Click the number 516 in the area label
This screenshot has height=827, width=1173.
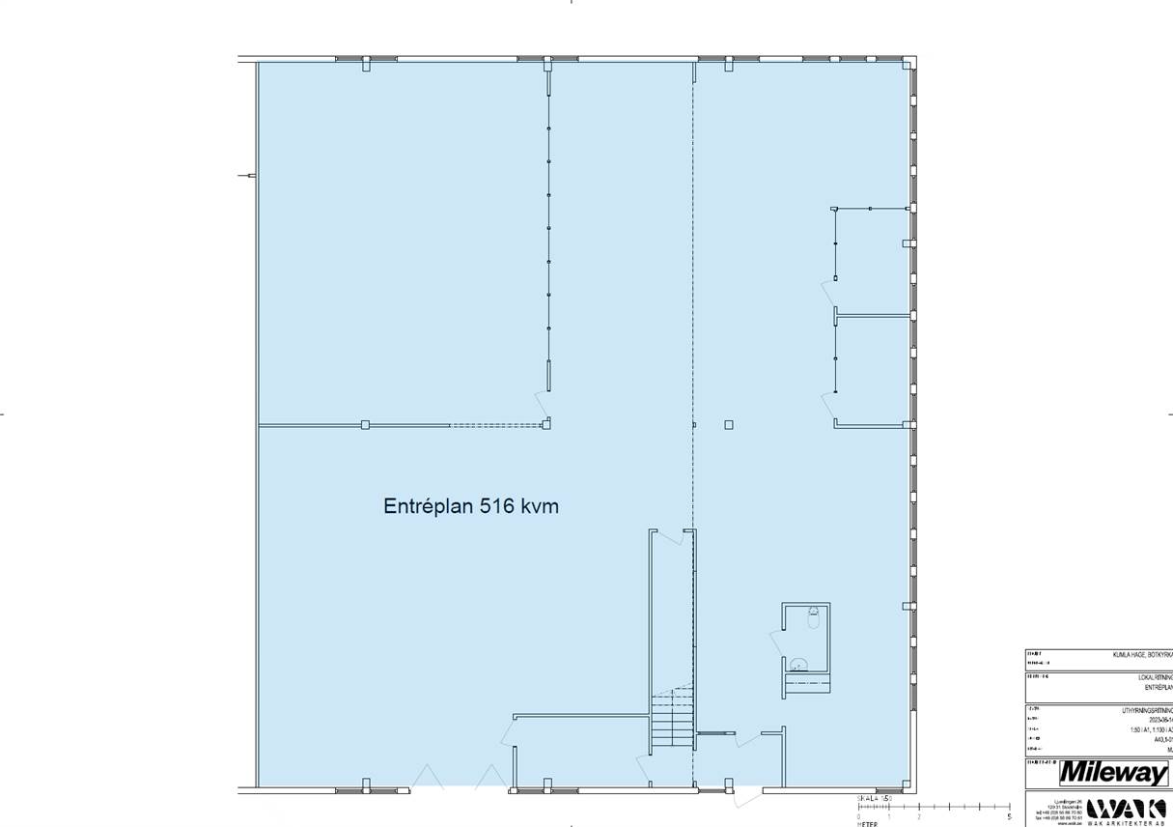click(497, 506)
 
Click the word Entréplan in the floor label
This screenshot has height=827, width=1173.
click(428, 506)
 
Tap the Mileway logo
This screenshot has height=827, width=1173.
click(1113, 773)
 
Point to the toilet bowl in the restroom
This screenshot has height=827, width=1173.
click(798, 665)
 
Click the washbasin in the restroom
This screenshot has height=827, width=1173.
click(814, 616)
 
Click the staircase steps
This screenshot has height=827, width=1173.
click(672, 716)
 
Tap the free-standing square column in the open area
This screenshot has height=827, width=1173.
click(728, 425)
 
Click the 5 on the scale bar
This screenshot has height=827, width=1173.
click(1009, 817)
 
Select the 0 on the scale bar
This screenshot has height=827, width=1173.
click(858, 817)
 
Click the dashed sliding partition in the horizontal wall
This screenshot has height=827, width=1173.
click(495, 425)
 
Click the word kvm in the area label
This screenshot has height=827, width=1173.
click(540, 506)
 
